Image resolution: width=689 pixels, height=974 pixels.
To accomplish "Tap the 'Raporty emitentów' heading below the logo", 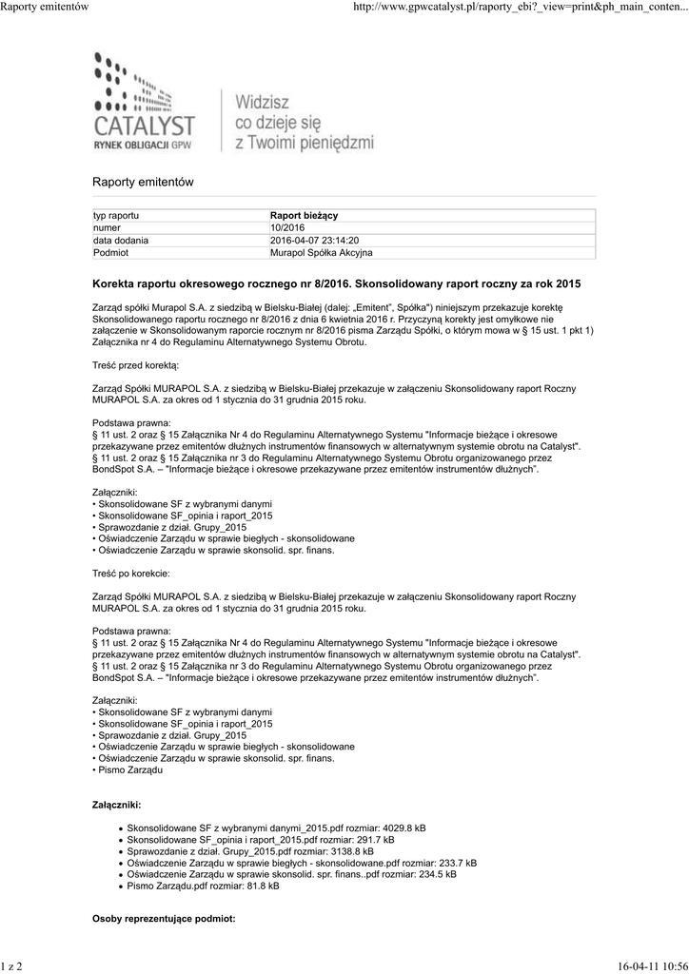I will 143,182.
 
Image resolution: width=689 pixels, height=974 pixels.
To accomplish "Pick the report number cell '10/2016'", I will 287,228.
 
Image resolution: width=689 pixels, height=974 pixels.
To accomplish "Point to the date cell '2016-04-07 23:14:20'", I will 314,241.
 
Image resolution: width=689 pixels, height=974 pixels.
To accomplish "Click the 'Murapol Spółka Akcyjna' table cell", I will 322,253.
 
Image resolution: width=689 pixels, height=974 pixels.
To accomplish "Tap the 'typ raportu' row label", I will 116,217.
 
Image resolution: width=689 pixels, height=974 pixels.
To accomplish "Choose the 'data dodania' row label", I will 120,241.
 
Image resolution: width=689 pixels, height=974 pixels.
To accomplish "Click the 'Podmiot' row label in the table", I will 110,253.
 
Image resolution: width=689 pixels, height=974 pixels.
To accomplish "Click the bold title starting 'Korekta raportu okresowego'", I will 336,284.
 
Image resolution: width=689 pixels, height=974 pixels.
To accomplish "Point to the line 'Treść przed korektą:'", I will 135,365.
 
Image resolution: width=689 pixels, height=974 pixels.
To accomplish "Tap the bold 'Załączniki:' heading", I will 116,805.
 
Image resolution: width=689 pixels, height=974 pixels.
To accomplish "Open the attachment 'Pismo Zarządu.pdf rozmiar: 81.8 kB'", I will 203,886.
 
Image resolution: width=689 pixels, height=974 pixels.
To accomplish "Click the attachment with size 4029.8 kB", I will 276,828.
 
